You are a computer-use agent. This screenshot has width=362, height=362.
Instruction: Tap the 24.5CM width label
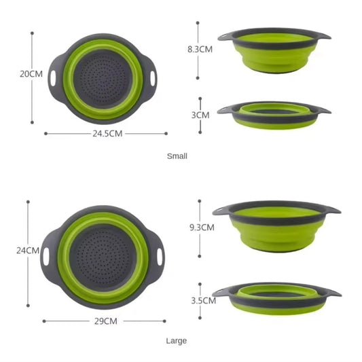pyautogui.click(x=107, y=134)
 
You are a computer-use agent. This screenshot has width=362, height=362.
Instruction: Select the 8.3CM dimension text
pyautogui.click(x=200, y=50)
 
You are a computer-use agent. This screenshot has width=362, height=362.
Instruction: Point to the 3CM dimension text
pyautogui.click(x=200, y=115)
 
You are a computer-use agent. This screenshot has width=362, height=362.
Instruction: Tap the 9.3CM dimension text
pyautogui.click(x=201, y=228)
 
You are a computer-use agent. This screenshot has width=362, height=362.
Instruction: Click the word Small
pyautogui.click(x=177, y=156)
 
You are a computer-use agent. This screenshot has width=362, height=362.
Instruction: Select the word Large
pyautogui.click(x=177, y=341)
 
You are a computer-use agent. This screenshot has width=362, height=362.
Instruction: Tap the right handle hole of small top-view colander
pyautogui.click(x=153, y=78)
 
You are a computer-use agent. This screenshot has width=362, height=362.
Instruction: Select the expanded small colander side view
pyautogui.click(x=274, y=51)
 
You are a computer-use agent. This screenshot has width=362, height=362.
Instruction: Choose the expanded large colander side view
pyautogui.click(x=276, y=226)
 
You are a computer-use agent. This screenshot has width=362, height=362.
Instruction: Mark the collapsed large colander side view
pyautogui.click(x=276, y=297)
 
